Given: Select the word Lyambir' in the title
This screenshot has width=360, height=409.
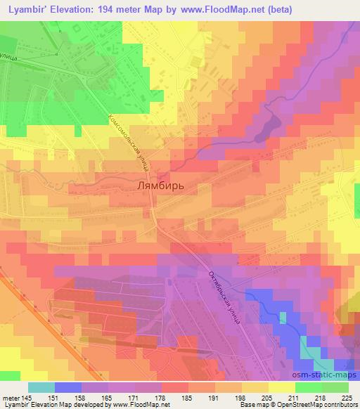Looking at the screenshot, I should (x=28, y=9).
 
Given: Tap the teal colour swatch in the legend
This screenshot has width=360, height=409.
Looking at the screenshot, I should (x=41, y=387).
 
